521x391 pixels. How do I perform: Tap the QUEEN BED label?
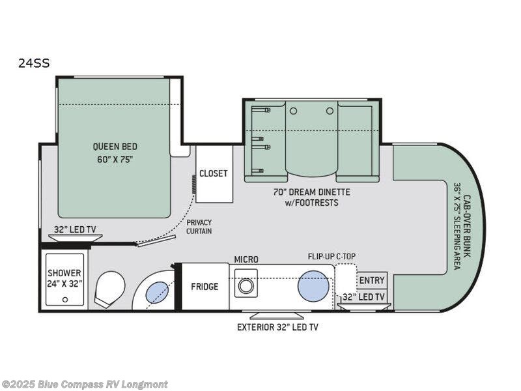click(x=115, y=152)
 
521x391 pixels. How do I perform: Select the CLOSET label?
click(x=214, y=173)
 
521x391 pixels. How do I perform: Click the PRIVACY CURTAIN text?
click(x=199, y=227)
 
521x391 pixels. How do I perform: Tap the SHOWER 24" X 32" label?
click(x=64, y=278)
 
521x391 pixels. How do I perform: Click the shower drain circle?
click(x=64, y=299)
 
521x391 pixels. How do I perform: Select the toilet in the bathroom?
click(x=110, y=289)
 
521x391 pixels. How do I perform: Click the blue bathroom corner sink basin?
click(x=156, y=293)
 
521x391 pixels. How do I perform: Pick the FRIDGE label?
click(x=204, y=287)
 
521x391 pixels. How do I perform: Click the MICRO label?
click(x=246, y=259)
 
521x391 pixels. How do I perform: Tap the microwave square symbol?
click(x=246, y=287)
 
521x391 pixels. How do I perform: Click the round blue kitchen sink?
click(x=313, y=286)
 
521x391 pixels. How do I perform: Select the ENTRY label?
click(x=372, y=280)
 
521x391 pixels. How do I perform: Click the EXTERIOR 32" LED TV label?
click(x=277, y=326)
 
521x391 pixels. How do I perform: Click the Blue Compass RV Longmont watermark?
click(x=85, y=384)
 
